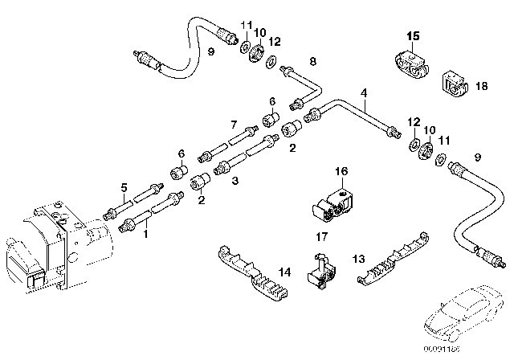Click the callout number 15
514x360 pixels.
(x=412, y=35)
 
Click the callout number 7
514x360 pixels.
(x=234, y=125)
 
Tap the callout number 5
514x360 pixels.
(x=124, y=188)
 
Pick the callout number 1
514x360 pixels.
(x=145, y=235)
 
